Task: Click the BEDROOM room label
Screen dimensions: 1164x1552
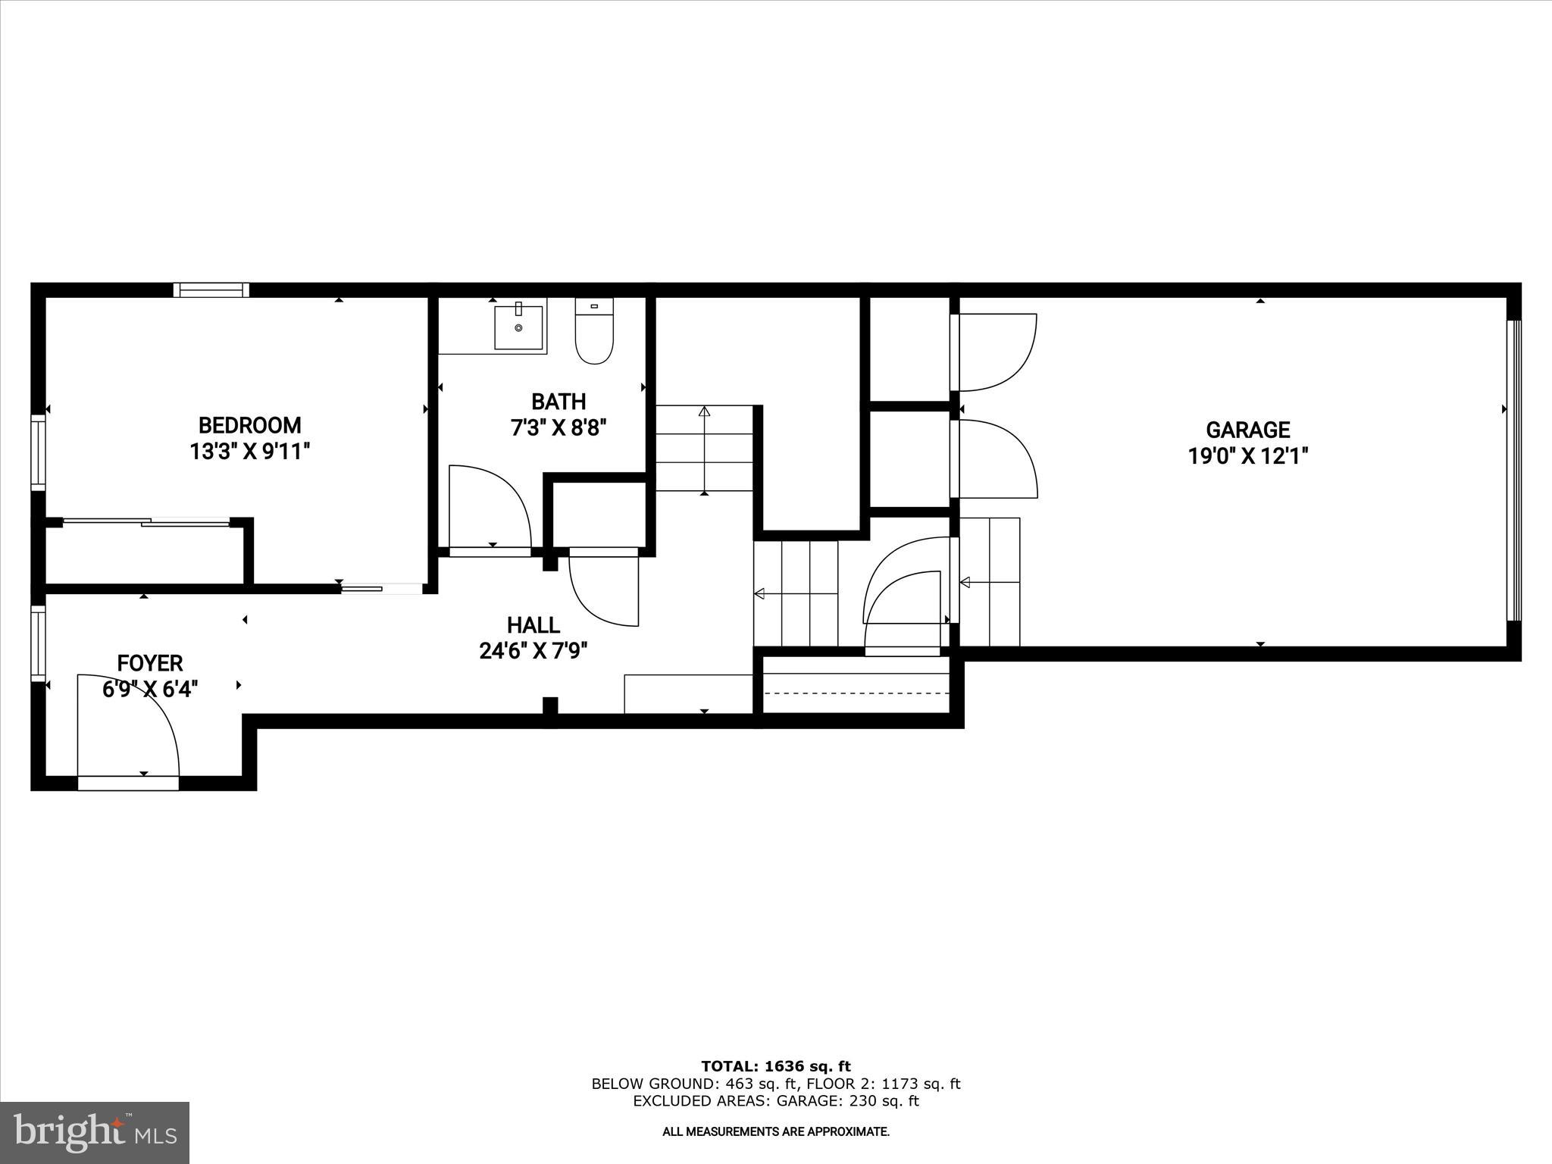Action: point(249,425)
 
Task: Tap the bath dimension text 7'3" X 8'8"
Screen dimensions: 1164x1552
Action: point(559,428)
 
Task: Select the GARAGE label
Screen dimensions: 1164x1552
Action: point(1247,430)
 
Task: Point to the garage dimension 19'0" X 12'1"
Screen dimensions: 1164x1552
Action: point(1247,456)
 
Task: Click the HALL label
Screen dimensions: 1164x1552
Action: point(533,625)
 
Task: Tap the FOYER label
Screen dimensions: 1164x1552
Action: point(150,664)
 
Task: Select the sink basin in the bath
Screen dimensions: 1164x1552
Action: point(519,328)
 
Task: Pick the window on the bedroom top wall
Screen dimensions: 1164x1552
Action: point(211,289)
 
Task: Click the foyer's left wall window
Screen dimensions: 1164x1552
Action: point(37,643)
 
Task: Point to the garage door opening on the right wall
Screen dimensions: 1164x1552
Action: point(1513,471)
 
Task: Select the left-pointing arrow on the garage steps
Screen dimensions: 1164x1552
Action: point(965,582)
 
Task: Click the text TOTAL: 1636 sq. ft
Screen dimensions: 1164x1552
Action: point(776,1067)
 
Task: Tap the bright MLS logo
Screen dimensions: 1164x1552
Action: point(95,1132)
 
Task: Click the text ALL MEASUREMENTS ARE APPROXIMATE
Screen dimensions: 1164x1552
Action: point(776,1132)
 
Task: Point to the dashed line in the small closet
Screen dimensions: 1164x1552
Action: point(856,693)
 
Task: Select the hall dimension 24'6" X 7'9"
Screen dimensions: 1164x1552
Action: point(533,651)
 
